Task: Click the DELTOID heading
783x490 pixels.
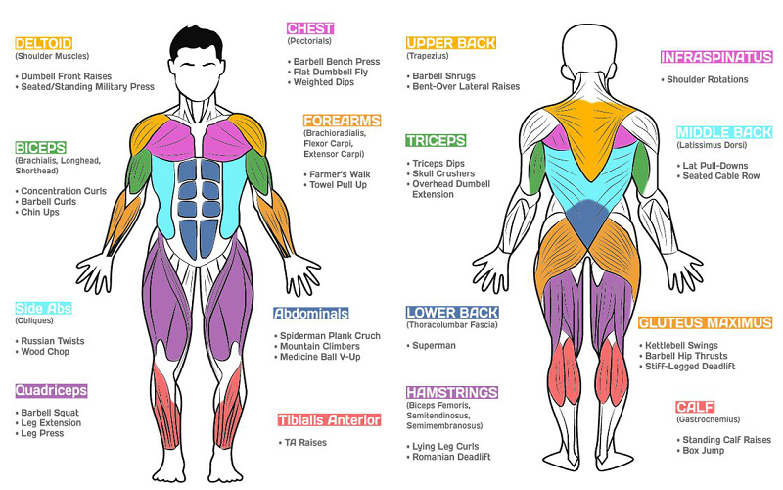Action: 43,43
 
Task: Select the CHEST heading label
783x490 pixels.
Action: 310,28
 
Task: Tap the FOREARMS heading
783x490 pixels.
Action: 342,121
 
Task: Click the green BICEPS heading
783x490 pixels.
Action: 40,148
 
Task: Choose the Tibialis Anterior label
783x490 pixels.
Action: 329,420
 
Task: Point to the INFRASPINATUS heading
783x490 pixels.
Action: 716,57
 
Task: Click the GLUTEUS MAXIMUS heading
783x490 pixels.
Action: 705,322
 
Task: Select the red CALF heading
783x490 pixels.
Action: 695,407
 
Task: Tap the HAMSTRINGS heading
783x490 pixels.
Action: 452,393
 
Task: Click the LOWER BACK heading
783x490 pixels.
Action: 452,313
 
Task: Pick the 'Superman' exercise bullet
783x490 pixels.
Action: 432,346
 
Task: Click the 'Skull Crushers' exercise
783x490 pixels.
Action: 441,173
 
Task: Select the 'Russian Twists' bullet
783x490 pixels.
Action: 50,341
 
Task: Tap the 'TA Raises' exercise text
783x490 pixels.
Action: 302,443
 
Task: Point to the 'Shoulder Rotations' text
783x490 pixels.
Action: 705,79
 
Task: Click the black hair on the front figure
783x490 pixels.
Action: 197,41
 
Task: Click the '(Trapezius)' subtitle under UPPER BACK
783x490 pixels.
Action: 428,56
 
